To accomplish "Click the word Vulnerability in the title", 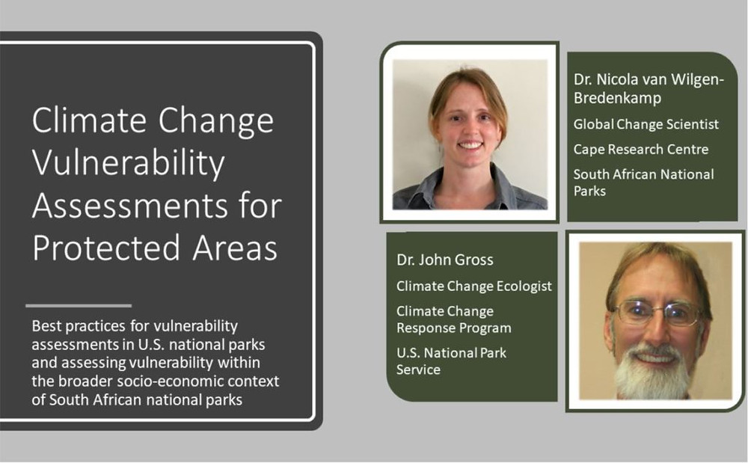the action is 129,163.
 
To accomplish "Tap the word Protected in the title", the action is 108,248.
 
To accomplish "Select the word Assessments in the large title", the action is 129,206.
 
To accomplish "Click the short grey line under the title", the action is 79,306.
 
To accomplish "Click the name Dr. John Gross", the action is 445,260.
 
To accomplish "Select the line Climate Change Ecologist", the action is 474,286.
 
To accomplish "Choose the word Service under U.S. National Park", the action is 418,370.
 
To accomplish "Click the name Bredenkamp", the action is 617,98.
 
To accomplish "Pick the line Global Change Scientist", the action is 646,124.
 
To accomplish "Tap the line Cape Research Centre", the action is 641,150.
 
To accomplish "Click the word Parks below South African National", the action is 589,191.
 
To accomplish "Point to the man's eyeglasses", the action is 657,313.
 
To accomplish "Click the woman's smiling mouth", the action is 470,144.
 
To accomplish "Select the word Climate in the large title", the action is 89,120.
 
